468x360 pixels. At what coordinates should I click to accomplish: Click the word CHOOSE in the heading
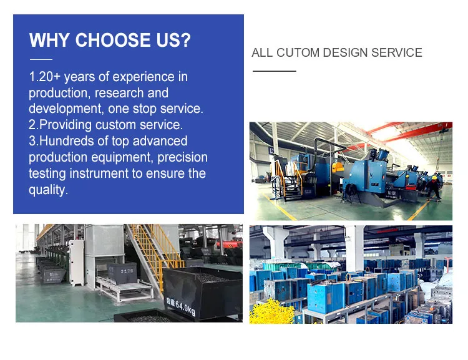point(113,40)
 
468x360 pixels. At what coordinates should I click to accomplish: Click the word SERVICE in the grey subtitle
point(397,52)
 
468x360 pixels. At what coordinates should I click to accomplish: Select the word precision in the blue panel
point(182,157)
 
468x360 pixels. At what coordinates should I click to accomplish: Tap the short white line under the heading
point(41,59)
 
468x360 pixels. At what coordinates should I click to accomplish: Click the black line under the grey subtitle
point(275,71)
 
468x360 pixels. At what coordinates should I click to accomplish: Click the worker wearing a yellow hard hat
point(434,187)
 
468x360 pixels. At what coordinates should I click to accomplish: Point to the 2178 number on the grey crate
point(127,271)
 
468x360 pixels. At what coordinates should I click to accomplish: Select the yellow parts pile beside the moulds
point(272,311)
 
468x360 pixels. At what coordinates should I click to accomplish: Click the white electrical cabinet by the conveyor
point(76,263)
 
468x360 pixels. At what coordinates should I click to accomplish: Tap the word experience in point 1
point(144,77)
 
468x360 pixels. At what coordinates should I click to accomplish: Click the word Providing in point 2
point(66,125)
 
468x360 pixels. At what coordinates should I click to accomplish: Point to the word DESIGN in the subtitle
point(345,52)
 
